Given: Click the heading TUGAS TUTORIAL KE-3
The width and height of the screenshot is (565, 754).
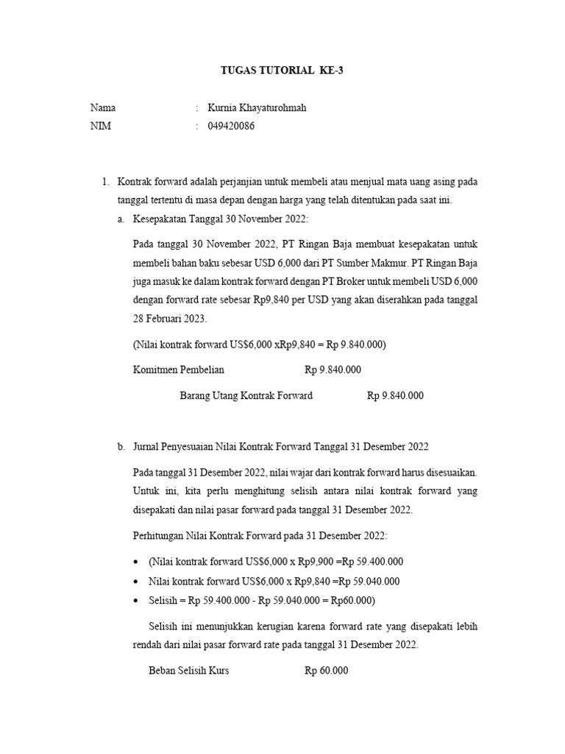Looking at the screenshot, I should click(282, 71).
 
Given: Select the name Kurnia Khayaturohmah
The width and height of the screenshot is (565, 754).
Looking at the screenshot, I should click(257, 108).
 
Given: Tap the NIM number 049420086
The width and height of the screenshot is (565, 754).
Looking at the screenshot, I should click(232, 126).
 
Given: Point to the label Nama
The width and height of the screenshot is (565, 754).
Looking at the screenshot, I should click(103, 108).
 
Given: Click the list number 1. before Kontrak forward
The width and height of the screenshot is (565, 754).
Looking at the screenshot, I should click(105, 181).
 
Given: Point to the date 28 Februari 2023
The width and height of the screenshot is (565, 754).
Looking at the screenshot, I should click(171, 320).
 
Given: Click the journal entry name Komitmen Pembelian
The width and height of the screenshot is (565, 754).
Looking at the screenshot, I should click(179, 370).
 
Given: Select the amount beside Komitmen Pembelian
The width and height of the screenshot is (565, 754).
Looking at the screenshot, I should click(333, 370).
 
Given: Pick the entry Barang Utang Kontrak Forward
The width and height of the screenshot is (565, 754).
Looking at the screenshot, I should click(246, 395).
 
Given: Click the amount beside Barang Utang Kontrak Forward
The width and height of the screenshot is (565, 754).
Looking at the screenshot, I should click(395, 395).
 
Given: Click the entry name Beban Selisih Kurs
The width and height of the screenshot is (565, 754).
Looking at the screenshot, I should click(189, 671).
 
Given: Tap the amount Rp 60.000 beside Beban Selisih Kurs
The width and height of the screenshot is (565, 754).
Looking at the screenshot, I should click(326, 671).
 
